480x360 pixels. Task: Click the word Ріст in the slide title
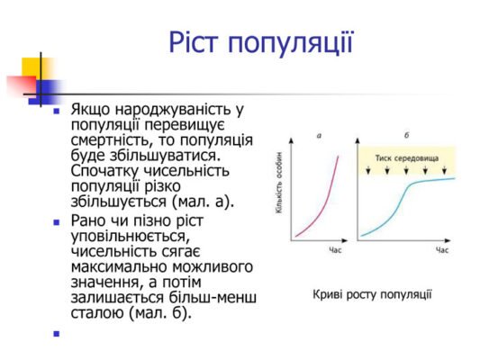195,42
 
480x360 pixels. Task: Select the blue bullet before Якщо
56,112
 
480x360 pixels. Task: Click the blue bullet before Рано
56,221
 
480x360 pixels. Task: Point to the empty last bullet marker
56,333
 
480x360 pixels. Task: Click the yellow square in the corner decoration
33,68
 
